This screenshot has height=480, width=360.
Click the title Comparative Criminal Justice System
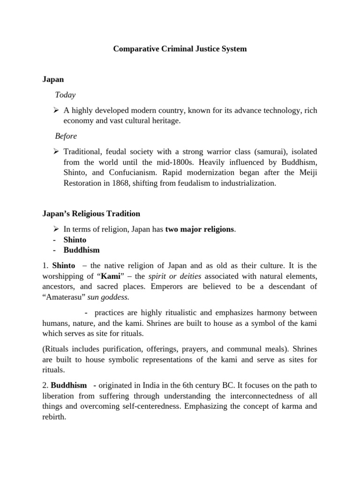[x=180, y=49]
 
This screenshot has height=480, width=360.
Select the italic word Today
[x=65, y=95]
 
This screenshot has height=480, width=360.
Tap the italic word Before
[x=66, y=136]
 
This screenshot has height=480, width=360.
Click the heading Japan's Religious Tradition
[x=91, y=214]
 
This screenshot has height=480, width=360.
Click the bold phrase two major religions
[x=199, y=229]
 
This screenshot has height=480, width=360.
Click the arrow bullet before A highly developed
[x=56, y=111]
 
